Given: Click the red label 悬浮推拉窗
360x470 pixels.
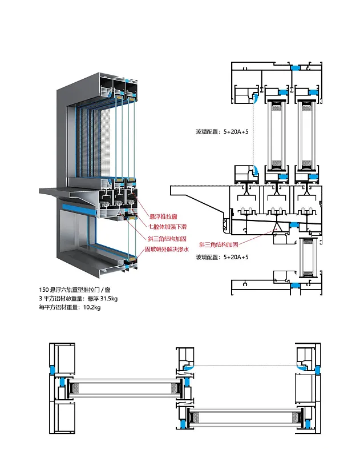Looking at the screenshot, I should click(x=164, y=216).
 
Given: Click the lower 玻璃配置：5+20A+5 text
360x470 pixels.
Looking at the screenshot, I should click(x=222, y=258).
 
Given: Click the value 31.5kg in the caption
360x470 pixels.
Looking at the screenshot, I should click(x=110, y=299).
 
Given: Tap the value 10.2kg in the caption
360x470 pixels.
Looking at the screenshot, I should click(x=92, y=308).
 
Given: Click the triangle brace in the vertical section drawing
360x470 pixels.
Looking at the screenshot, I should click(x=278, y=228).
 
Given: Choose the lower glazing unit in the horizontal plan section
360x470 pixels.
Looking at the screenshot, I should click(x=245, y=416).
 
